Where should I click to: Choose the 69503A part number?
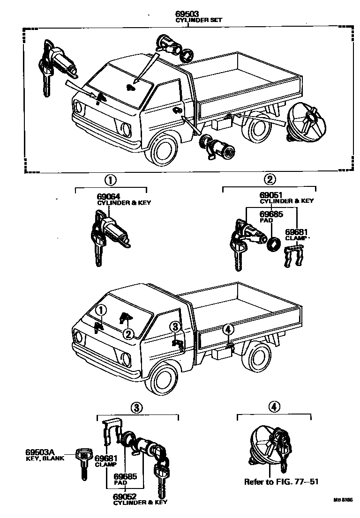[40, 452]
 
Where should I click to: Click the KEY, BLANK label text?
[40, 459]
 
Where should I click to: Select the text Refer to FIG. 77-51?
[281, 481]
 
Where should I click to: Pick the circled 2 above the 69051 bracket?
[270, 179]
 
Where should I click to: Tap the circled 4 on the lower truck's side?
[228, 329]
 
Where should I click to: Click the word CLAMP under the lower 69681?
[105, 465]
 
